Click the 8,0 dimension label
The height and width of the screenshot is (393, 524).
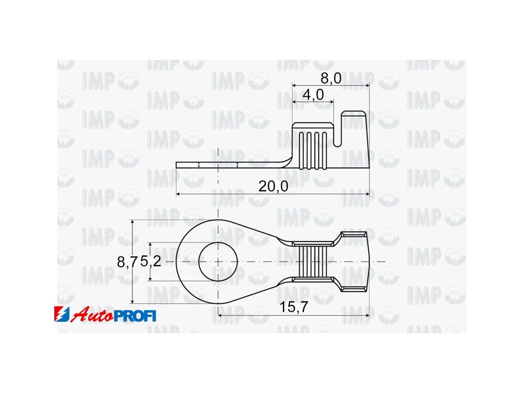(x=331, y=78)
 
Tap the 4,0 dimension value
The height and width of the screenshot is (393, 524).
(x=313, y=95)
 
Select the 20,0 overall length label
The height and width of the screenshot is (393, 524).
(x=273, y=186)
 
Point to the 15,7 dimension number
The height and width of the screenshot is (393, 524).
(x=293, y=307)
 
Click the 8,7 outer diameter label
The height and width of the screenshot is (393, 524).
(x=127, y=262)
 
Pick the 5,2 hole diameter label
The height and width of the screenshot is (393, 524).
(x=150, y=261)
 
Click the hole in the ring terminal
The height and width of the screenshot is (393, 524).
(x=218, y=261)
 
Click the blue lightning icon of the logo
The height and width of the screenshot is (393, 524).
(x=62, y=314)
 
